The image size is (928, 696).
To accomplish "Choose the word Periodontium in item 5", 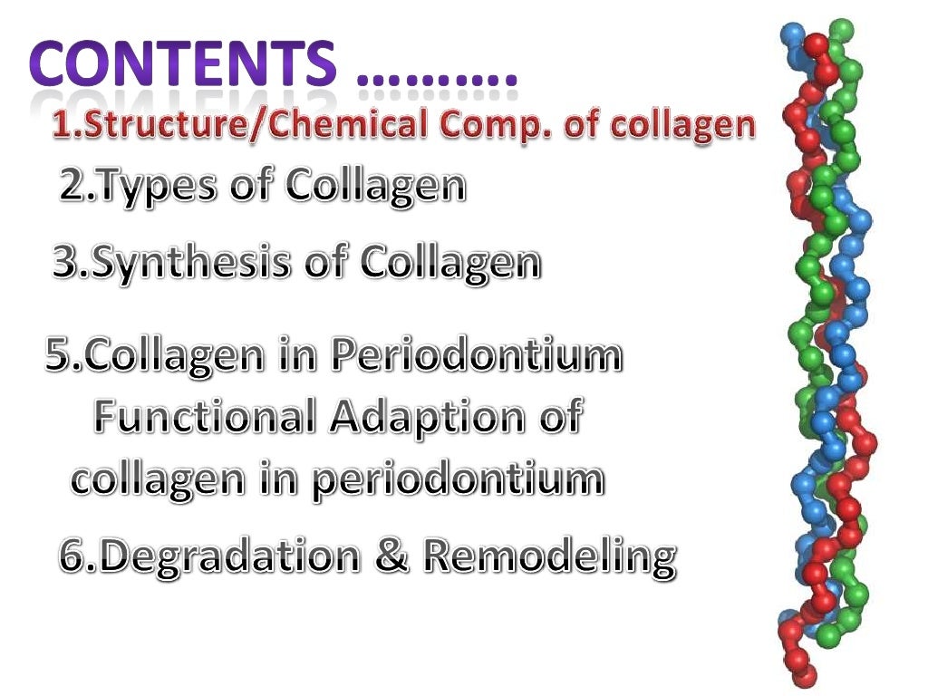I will [x=476, y=355].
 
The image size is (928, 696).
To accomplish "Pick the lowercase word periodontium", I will [x=458, y=479].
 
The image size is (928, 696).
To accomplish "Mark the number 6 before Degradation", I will [x=72, y=556].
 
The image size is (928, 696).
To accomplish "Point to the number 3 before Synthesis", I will [x=65, y=264].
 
